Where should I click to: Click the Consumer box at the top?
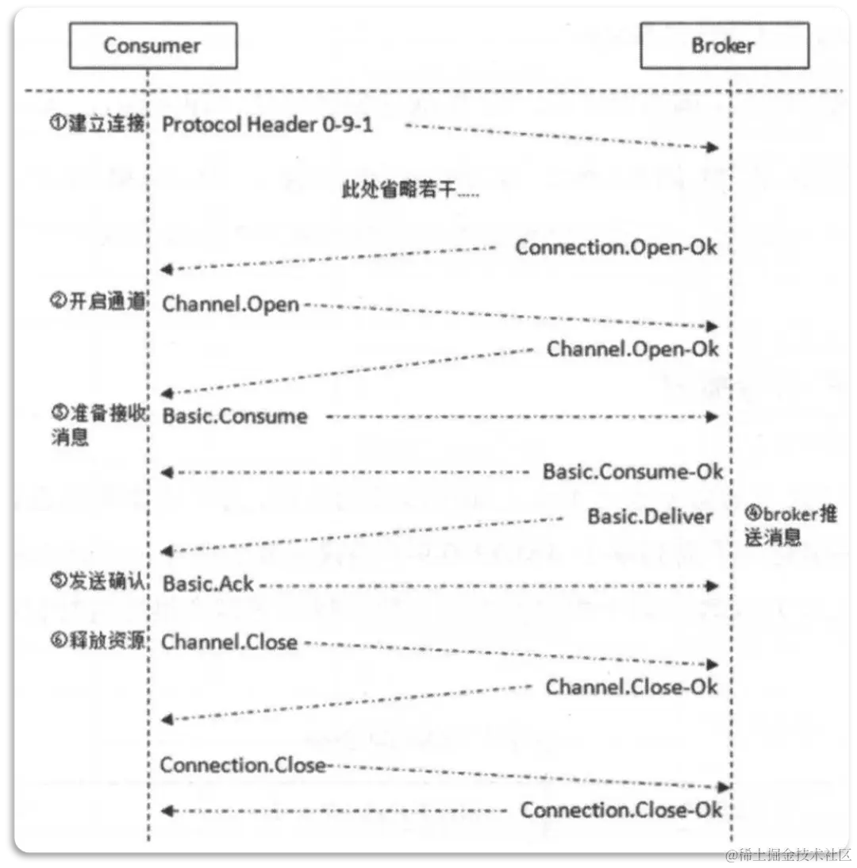(152, 46)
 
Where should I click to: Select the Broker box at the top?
(724, 46)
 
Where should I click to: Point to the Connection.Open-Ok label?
(617, 247)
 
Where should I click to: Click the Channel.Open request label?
(231, 304)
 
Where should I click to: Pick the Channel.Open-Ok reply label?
(632, 348)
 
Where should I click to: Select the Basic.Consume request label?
(235, 417)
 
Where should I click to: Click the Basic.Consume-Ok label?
(632, 472)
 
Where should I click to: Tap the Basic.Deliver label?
(650, 517)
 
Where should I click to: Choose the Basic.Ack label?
(208, 584)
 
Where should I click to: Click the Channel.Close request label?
(229, 642)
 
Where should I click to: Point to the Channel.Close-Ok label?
(632, 686)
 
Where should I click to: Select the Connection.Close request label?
(243, 766)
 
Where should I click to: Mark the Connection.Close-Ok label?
(621, 810)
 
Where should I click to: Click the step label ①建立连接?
(98, 125)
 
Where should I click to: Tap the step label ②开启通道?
(98, 304)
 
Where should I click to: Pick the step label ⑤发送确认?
(98, 582)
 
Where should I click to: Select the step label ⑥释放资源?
(98, 640)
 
